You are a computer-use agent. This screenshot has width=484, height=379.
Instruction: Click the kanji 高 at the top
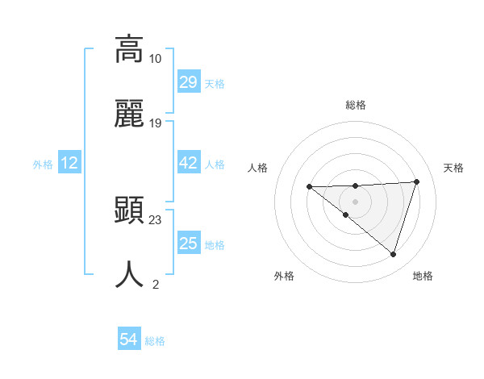[x=129, y=49]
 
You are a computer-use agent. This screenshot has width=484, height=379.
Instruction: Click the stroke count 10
[x=155, y=59]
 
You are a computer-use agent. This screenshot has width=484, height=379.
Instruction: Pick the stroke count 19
[x=155, y=123]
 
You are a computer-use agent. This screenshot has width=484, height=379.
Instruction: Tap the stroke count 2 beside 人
[x=155, y=285]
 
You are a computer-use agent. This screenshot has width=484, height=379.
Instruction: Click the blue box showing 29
[x=188, y=82]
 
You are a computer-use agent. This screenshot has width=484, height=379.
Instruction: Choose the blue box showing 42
[x=188, y=164]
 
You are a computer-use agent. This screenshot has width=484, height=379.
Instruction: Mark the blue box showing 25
[x=188, y=244]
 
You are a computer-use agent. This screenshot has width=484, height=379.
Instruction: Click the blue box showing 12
[x=69, y=164]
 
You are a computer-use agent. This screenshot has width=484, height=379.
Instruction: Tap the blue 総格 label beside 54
[x=155, y=341]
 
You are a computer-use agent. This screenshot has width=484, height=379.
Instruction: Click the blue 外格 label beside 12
[x=43, y=165]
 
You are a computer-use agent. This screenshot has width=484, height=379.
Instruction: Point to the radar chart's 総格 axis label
[x=355, y=106]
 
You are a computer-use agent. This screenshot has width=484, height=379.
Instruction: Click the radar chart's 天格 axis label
[x=453, y=168]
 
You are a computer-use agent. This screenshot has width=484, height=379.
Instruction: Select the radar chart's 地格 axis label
[x=423, y=276]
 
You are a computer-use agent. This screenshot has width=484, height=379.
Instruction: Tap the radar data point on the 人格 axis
[x=309, y=187]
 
